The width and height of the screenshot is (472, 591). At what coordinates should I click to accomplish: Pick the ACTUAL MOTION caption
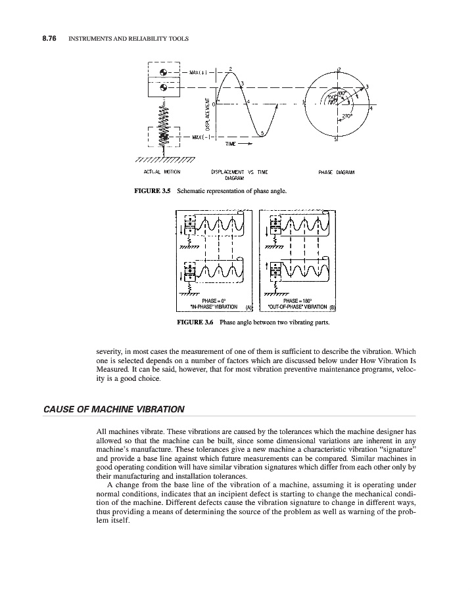162,173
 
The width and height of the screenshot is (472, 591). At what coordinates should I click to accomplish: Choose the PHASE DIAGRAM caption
336,173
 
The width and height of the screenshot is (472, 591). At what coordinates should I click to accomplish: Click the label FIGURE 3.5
152,191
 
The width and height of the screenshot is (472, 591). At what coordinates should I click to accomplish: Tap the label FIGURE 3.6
195,322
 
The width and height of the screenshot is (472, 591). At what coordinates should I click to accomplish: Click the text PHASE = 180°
296,300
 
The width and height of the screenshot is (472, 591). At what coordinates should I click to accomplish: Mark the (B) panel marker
332,307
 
